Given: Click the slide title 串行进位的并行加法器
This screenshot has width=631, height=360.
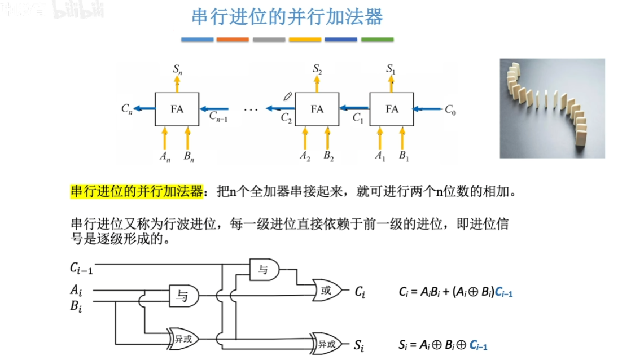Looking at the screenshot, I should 287,17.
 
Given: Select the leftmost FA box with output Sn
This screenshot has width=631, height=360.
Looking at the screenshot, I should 177,109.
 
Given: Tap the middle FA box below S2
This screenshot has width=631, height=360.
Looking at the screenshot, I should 317,109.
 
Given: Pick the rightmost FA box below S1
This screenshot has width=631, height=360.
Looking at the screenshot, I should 392,109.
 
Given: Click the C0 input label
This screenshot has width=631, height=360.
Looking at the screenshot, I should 450,110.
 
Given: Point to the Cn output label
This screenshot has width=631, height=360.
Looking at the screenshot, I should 127,109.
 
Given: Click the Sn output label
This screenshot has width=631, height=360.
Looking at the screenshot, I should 177,69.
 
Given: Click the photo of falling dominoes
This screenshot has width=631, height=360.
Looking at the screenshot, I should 552,108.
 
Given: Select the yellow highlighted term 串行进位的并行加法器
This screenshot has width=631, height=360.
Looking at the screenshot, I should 136,191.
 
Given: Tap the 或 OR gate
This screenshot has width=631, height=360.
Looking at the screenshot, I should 326,291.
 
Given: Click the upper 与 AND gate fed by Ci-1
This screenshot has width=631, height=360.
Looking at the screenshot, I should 264,270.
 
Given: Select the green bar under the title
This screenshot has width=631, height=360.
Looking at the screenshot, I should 377,39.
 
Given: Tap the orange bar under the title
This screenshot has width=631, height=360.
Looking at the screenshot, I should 233,39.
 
